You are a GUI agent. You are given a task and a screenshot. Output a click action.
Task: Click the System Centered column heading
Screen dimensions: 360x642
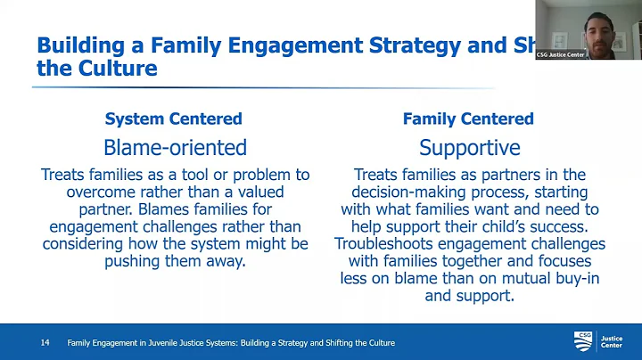pyautogui.click(x=173, y=119)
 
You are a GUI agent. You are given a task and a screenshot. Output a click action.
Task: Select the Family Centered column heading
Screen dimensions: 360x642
pyautogui.click(x=468, y=119)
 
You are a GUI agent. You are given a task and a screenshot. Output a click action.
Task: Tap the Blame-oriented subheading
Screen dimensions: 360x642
pyautogui.click(x=174, y=147)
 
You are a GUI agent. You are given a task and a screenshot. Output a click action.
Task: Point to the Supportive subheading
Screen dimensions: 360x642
pyautogui.click(x=469, y=147)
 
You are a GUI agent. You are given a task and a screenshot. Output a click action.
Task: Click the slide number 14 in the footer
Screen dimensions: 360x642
pyautogui.click(x=45, y=343)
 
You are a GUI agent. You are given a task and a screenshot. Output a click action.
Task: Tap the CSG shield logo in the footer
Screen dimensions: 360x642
pyautogui.click(x=583, y=341)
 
